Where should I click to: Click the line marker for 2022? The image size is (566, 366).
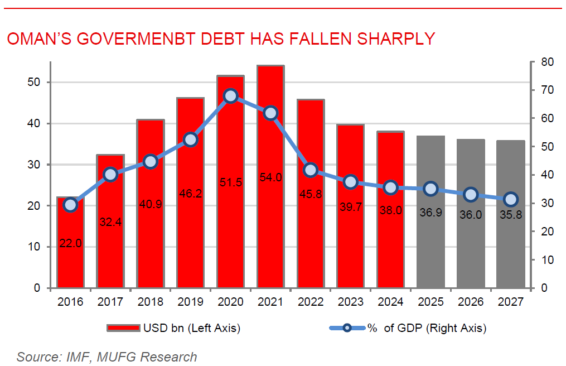[x=311, y=170]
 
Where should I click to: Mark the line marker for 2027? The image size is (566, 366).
[x=511, y=199]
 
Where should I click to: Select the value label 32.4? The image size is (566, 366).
[x=110, y=223]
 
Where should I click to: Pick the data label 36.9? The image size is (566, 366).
[x=430, y=214]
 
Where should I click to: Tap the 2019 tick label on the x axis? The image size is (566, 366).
[x=190, y=302]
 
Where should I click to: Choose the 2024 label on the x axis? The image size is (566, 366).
[x=390, y=302]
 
